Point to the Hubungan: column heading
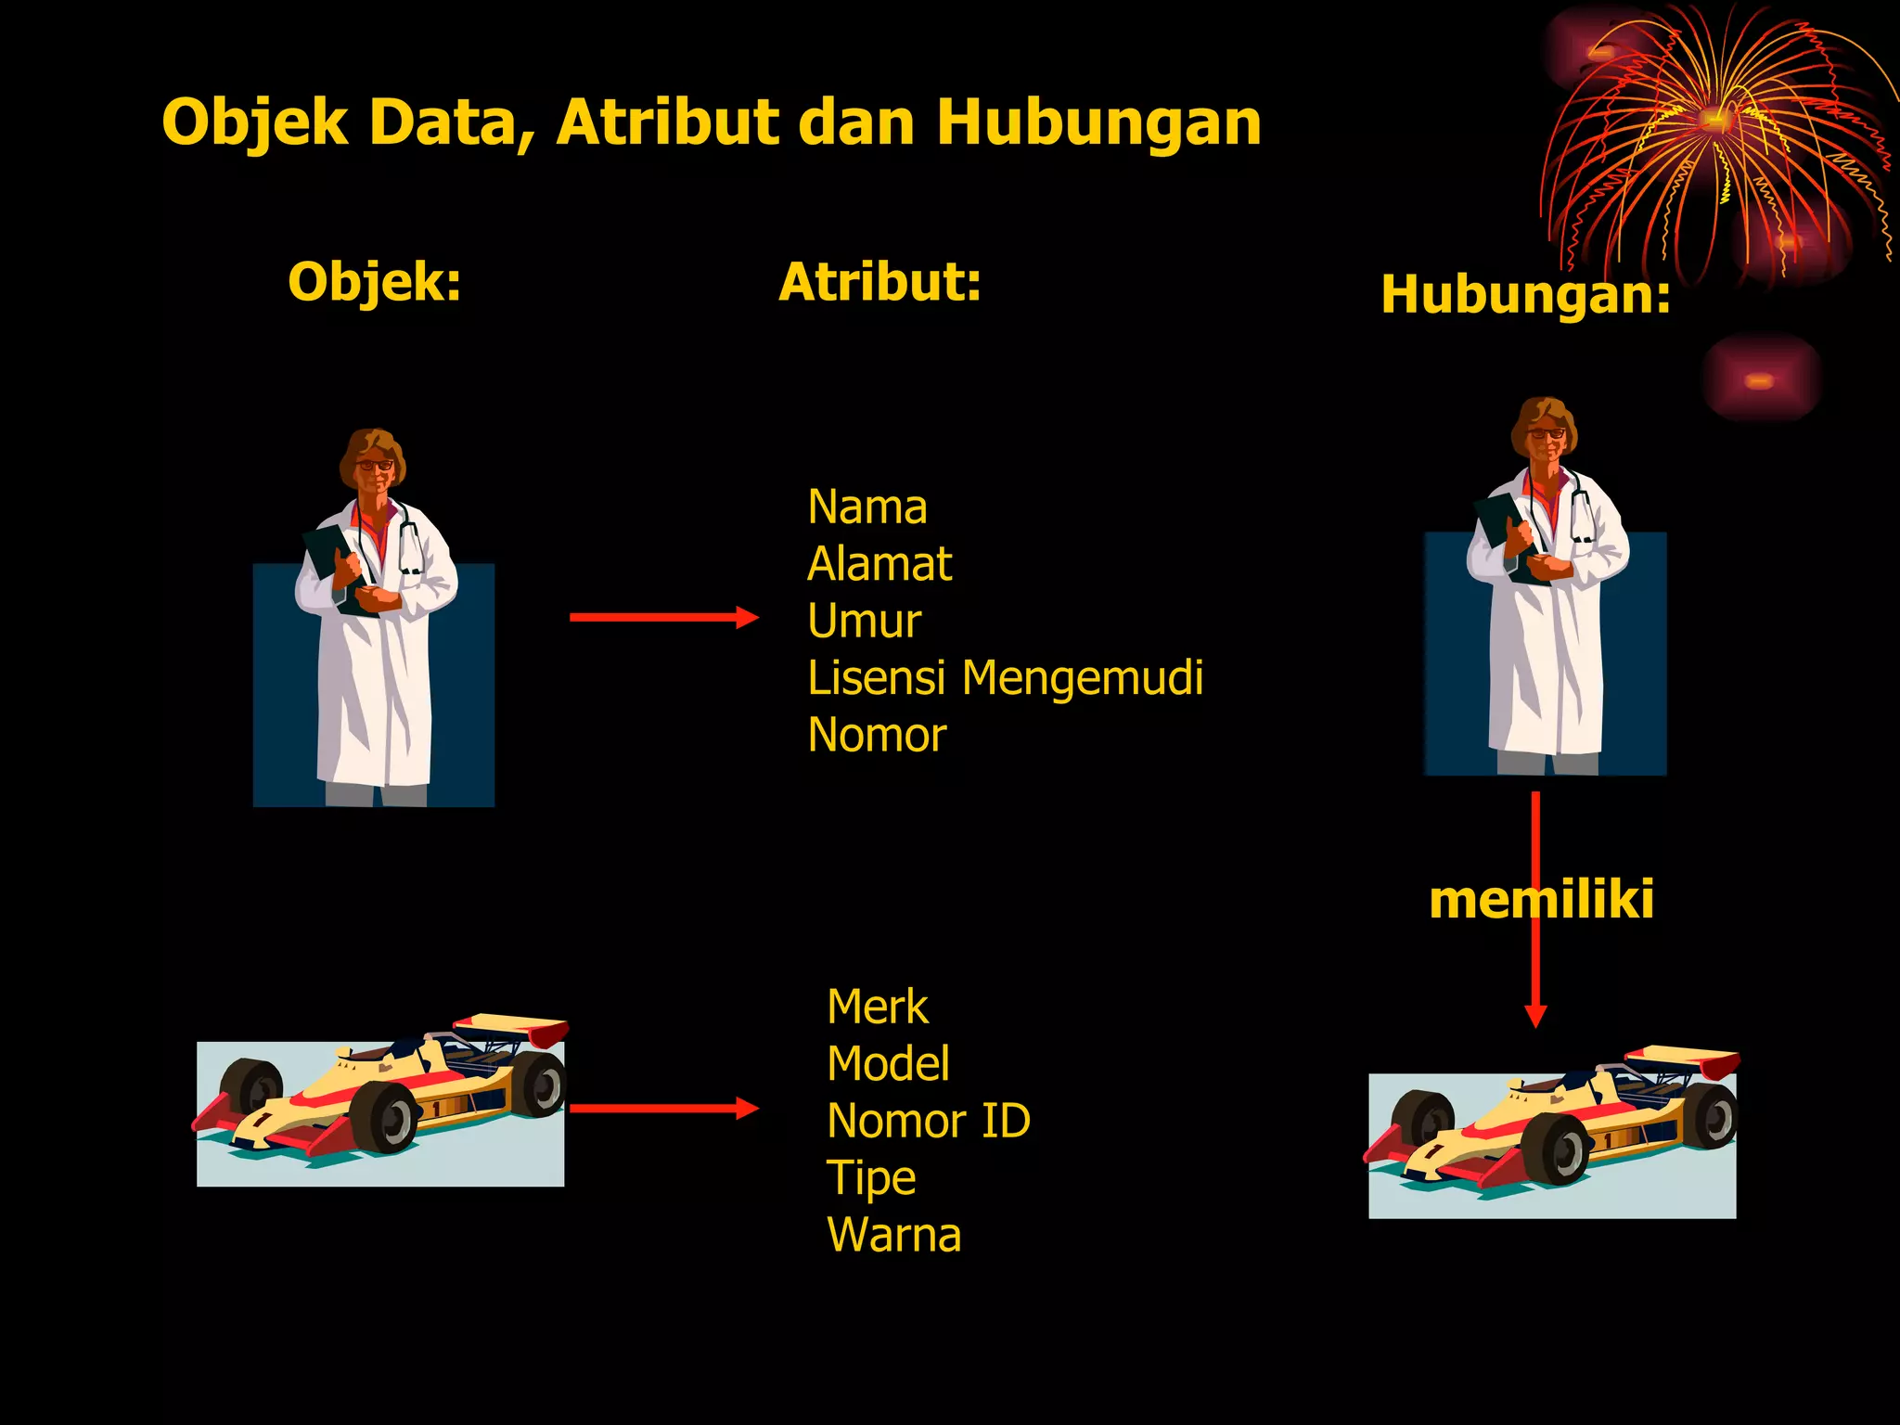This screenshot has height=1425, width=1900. pos(1525,295)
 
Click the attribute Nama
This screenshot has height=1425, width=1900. pos(867,507)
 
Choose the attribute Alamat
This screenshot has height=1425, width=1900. pos(879,564)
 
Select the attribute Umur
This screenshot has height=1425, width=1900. pos(864,621)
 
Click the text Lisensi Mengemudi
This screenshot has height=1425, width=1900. pos(1005,678)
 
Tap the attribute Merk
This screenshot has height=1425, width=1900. pos(877,1007)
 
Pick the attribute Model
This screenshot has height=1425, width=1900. pos(888,1063)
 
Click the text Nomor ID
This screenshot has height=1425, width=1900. pos(928,1121)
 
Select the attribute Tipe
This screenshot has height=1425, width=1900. pos(870,1178)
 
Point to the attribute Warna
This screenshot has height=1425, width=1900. pos(893,1235)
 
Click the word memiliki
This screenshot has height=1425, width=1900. pos(1541,899)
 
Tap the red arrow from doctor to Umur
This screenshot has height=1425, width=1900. pos(663,617)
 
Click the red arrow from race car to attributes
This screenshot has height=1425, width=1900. pos(663,1108)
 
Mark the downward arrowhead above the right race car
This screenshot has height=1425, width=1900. pos(1535,1015)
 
